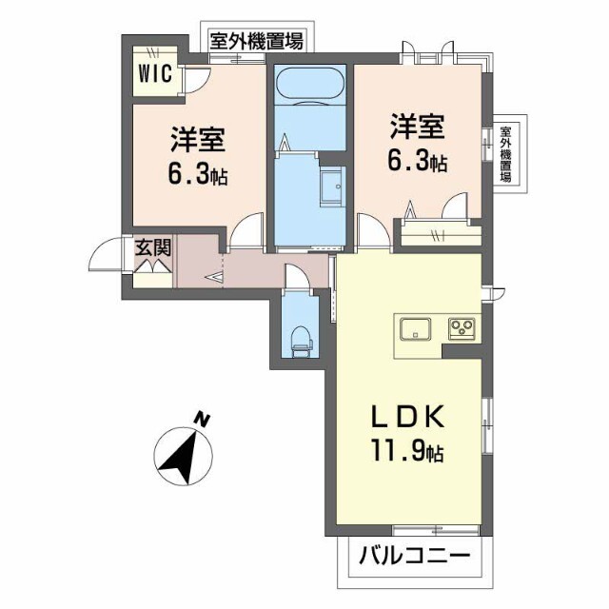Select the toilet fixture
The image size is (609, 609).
(x=301, y=341)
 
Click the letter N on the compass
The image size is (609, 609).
(x=202, y=421)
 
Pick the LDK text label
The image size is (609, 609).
(x=408, y=417)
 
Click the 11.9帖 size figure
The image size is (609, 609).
(x=407, y=450)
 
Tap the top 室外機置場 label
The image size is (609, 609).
(x=256, y=41)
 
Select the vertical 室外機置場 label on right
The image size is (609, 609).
(x=505, y=153)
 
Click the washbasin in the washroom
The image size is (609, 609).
(x=332, y=187)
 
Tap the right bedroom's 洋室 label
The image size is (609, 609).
(x=417, y=127)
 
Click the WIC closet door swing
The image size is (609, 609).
(x=197, y=80)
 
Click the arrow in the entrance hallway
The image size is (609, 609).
(x=214, y=277)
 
